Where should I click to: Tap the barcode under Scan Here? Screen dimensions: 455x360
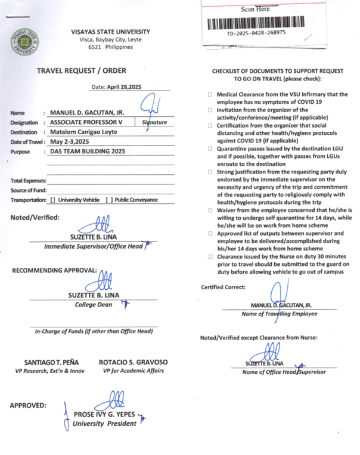coord(256,23)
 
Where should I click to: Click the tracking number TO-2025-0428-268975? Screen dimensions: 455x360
coord(256,33)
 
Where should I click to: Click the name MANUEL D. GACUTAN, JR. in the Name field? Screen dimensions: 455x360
coord(87,112)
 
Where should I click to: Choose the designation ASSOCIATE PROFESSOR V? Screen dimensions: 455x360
coord(86,122)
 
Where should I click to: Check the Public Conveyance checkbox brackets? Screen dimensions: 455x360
coord(108,200)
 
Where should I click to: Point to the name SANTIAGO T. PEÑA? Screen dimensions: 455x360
coord(49,362)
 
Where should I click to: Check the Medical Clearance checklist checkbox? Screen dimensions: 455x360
coord(211,95)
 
